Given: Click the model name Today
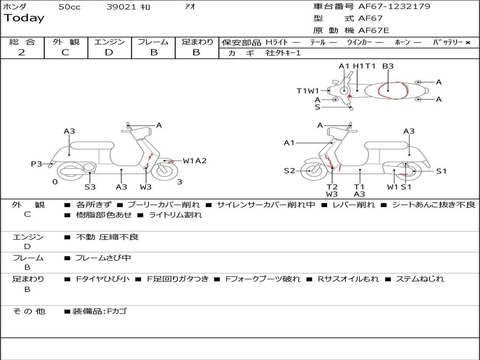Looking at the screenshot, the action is (x=24, y=18).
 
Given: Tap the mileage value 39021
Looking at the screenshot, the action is (x=121, y=7).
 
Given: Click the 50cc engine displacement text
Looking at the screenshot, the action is (x=69, y=7).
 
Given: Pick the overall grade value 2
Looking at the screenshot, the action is (x=22, y=52).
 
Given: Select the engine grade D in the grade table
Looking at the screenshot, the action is (x=109, y=52).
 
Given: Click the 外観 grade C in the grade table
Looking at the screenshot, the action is (x=66, y=52).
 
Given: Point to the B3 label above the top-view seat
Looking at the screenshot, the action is (x=388, y=67).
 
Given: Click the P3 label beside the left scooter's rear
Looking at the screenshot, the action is (x=37, y=164).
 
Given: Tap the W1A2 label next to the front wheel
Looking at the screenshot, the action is (x=195, y=161).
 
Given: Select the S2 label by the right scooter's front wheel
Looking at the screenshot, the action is (x=290, y=171).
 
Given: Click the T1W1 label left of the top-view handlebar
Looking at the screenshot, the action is (x=307, y=91).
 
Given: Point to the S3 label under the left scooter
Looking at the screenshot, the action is (x=90, y=187).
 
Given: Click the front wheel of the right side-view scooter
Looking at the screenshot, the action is (x=310, y=171).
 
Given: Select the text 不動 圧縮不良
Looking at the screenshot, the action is (x=107, y=237).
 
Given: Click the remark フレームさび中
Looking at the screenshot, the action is (x=103, y=258).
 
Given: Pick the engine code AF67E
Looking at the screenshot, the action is (x=374, y=30).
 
